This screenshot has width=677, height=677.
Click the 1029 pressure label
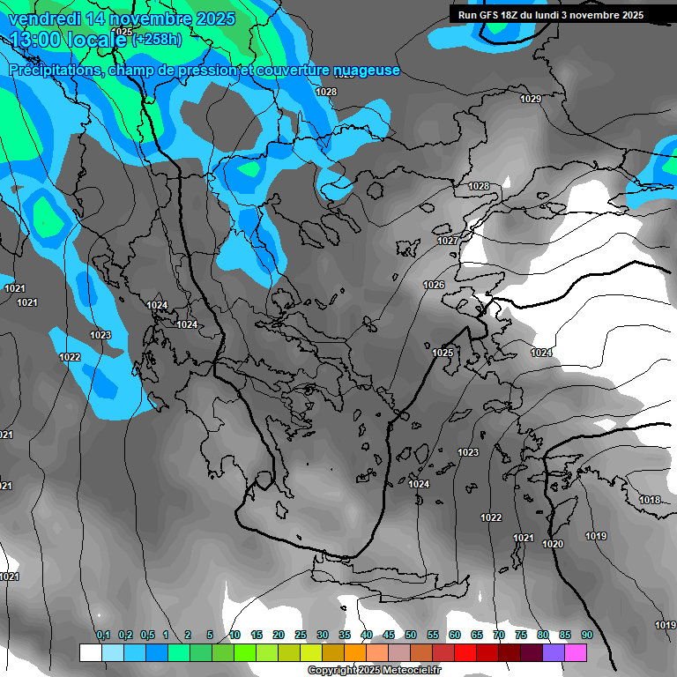point(530,99)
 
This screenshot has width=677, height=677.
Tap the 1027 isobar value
point(448,241)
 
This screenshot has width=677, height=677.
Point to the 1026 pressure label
point(434,285)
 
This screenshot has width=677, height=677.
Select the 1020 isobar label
point(553,544)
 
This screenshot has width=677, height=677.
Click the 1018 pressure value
point(650,500)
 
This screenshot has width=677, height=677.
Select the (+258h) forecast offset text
point(157,39)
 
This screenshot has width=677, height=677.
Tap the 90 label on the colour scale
point(586,635)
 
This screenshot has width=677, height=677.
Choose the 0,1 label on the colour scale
point(103,635)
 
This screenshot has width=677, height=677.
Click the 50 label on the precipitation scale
point(411,635)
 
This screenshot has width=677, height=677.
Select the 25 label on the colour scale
point(301,635)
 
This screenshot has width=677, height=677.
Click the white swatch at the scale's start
point(90,652)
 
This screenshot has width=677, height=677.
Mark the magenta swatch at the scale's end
point(599,652)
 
